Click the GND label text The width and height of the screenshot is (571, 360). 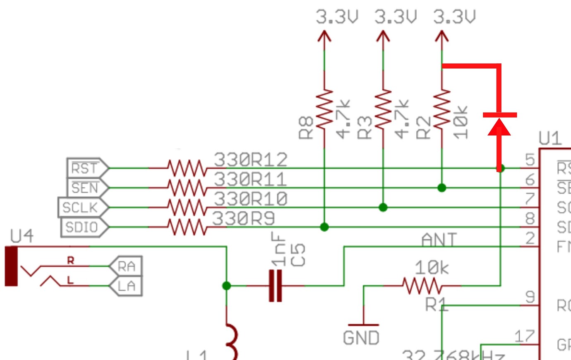(x=361, y=338)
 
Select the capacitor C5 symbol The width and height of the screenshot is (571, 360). (x=275, y=286)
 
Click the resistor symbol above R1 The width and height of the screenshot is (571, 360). (x=422, y=286)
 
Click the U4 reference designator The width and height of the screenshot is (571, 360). (x=22, y=236)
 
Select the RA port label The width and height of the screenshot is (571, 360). (x=126, y=266)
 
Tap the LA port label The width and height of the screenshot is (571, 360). (x=126, y=286)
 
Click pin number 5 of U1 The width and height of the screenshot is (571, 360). (x=530, y=160)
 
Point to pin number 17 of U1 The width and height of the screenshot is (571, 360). (x=524, y=336)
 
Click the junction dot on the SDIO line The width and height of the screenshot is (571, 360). (x=324, y=227)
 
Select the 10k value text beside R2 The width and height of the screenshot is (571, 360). (x=461, y=122)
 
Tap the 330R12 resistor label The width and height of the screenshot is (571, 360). (x=250, y=160)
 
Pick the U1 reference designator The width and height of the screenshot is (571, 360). (x=550, y=139)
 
